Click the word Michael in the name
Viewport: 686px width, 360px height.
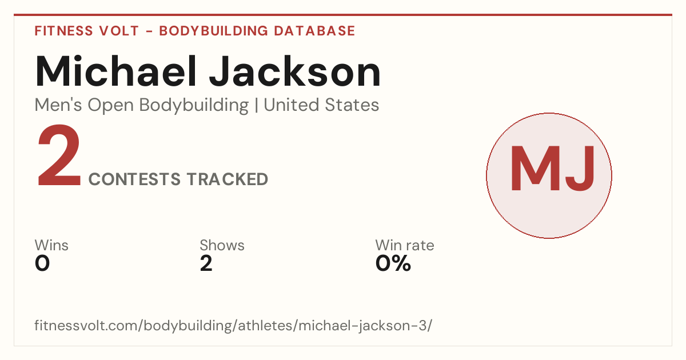[116, 71]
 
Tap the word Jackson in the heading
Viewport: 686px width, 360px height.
[295, 71]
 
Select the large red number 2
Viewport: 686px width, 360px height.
[59, 155]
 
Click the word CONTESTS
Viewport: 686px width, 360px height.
[134, 179]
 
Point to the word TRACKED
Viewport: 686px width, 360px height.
[228, 179]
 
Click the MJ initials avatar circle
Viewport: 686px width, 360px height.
[549, 175]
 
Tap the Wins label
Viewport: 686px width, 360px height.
[51, 245]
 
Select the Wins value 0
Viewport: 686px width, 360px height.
[42, 263]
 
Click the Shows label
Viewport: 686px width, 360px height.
[222, 245]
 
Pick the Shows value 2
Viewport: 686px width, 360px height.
[206, 263]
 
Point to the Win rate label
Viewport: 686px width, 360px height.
[405, 245]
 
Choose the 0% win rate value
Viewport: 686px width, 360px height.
[393, 263]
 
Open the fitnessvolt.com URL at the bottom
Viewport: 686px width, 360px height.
[233, 325]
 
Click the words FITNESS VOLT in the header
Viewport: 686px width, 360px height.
[87, 31]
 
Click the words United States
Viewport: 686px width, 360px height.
[321, 105]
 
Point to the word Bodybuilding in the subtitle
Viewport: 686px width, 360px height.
[194, 106]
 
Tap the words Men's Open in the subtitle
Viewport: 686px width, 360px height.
[84, 106]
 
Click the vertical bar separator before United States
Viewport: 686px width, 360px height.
[256, 105]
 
